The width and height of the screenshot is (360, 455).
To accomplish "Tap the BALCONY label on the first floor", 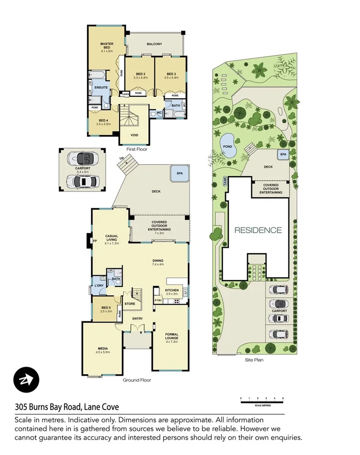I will (x=154, y=44).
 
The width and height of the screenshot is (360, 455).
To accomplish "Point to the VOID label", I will (x=134, y=135).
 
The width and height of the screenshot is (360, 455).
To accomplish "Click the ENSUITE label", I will (x=101, y=88).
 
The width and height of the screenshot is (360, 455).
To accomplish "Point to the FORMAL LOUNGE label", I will (x=171, y=337).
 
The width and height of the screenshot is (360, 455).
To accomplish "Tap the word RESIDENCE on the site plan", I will (x=258, y=230).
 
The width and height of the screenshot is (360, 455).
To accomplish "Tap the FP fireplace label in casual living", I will (x=94, y=241).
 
